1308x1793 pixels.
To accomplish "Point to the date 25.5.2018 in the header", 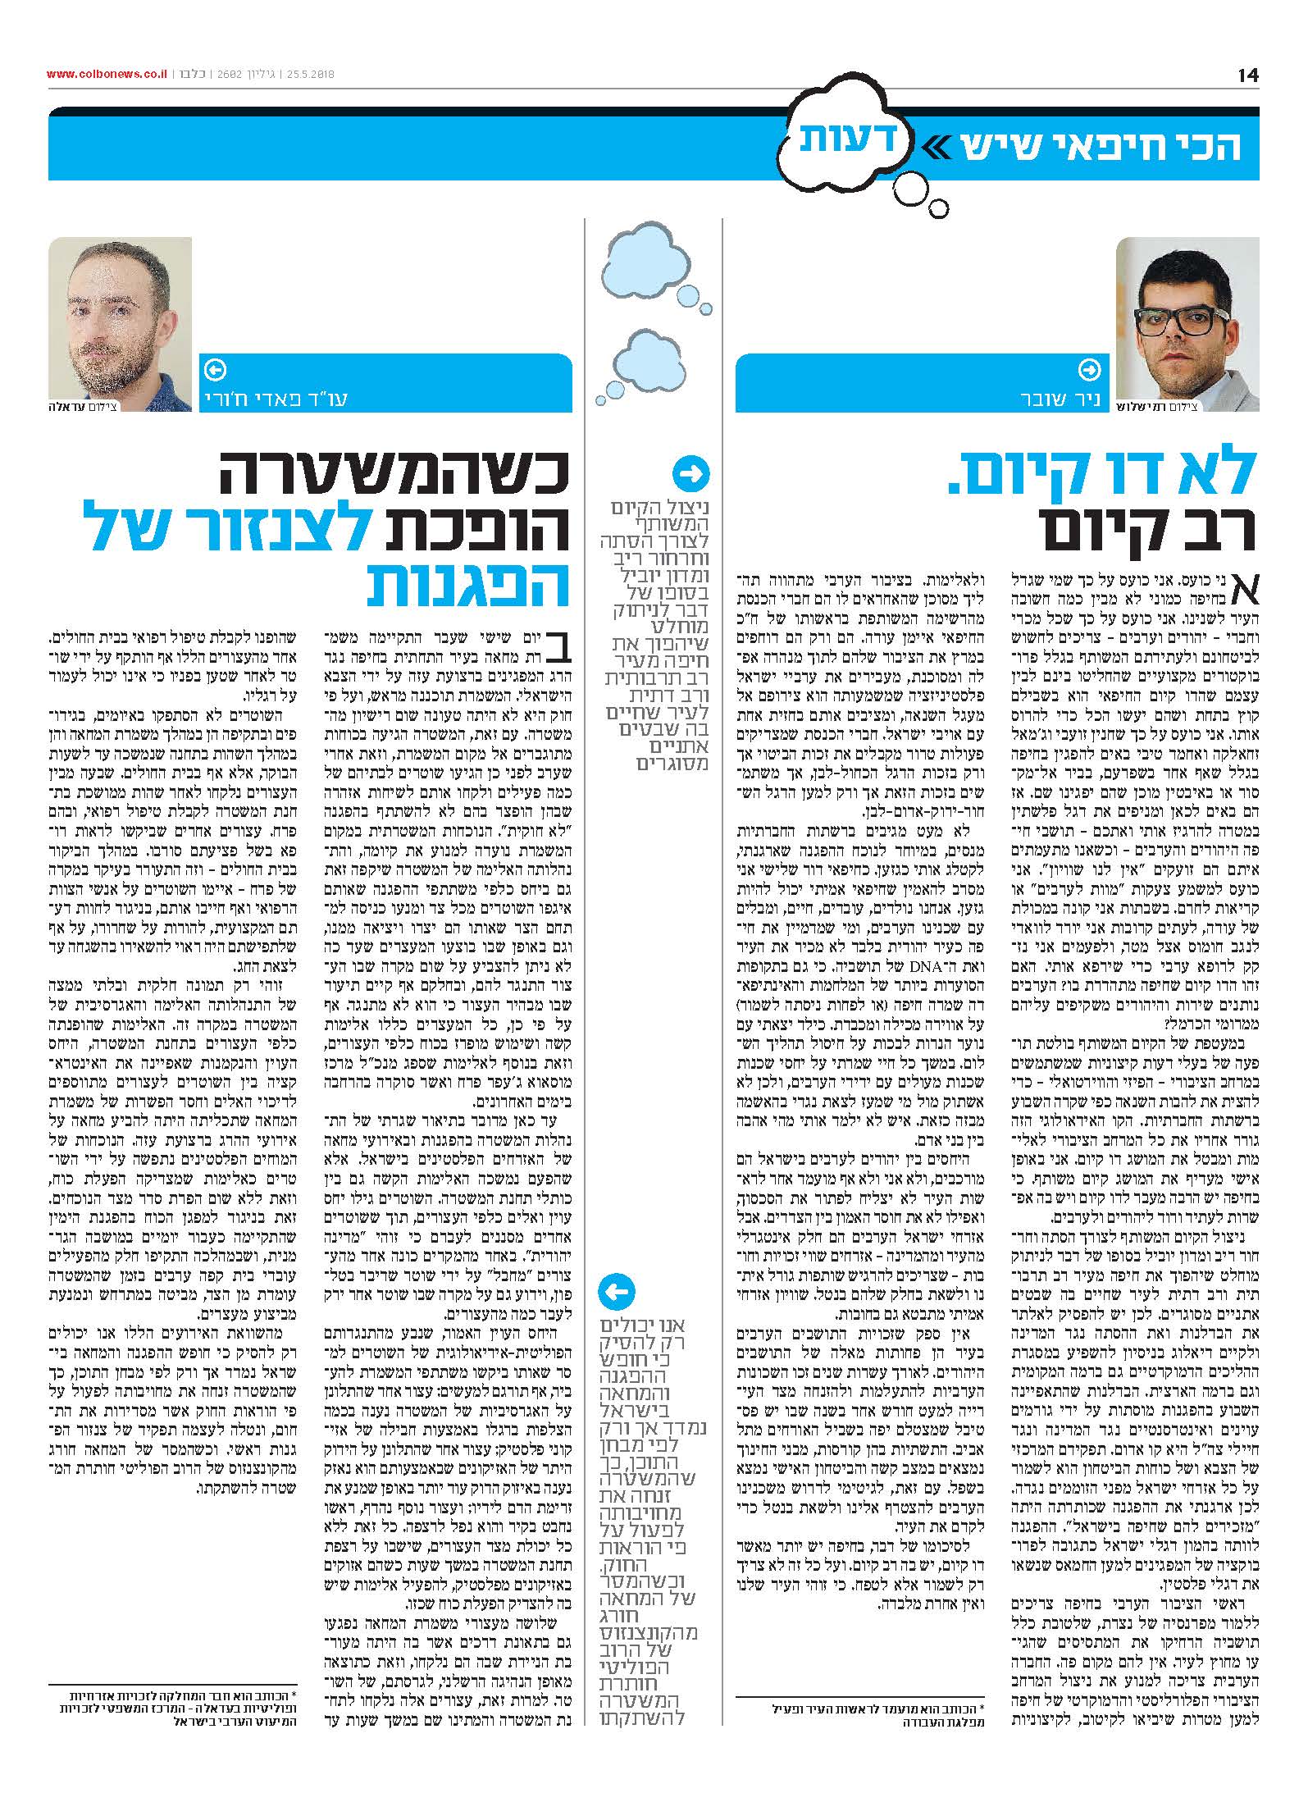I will (309, 75).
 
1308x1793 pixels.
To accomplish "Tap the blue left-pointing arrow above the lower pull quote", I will (616, 1293).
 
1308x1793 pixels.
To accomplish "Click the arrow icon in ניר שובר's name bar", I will (1090, 370).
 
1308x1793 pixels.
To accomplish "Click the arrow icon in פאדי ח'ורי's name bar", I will (216, 370).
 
